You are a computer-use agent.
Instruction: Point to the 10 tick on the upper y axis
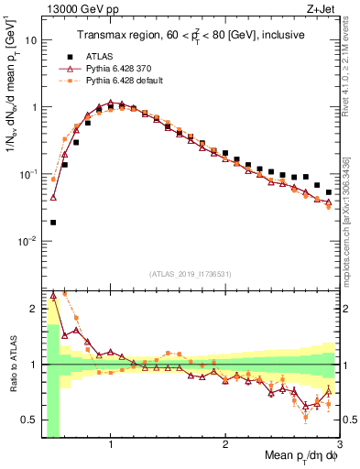[x=28, y=40]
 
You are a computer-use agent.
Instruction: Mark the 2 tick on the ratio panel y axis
[x=31, y=308]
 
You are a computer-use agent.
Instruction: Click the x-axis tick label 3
[x=339, y=446]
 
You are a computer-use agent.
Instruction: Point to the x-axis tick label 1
[x=110, y=446]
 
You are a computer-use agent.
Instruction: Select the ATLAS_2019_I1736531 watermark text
[x=189, y=274]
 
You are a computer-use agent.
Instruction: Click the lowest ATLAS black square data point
[x=53, y=223]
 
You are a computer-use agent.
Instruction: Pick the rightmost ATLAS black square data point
[x=329, y=192]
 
